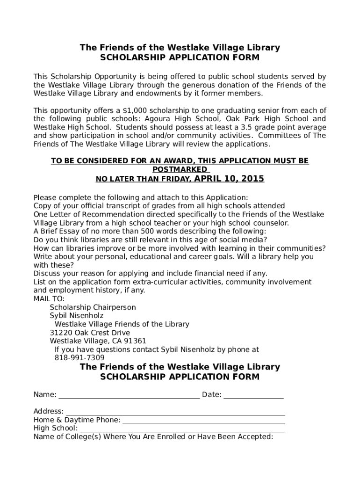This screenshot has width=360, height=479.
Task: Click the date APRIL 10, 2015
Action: (229, 179)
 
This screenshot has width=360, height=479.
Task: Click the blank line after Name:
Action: (129, 395)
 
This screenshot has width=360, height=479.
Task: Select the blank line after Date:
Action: (253, 395)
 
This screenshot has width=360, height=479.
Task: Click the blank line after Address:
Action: (175, 412)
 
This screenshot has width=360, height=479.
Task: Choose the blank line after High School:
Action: (182, 429)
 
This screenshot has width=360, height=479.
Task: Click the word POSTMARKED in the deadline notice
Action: (180, 169)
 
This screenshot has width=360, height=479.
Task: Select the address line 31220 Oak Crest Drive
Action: (90, 333)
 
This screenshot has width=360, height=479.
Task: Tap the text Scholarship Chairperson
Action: (93, 307)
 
